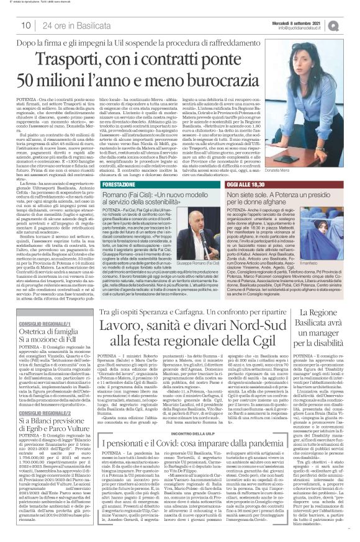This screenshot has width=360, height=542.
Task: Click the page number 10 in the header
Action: (x=26, y=25)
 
